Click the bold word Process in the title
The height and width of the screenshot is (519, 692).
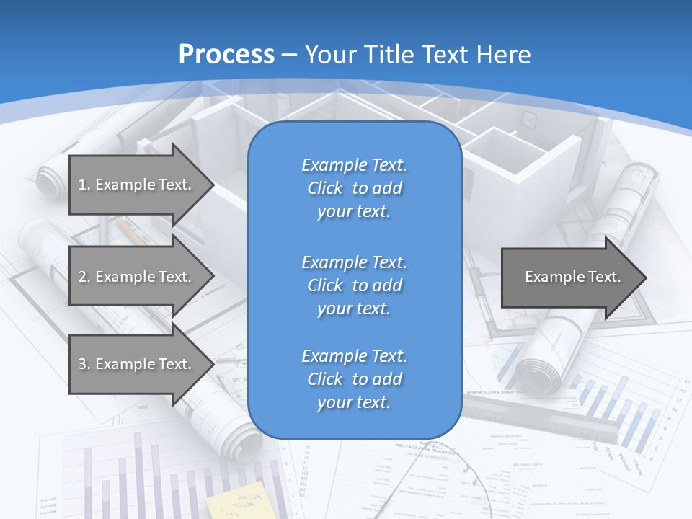coord(226,55)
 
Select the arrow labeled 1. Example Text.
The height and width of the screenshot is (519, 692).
coord(137,185)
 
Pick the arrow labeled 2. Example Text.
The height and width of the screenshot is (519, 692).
coord(137,277)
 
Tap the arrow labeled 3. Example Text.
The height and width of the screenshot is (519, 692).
coord(137,364)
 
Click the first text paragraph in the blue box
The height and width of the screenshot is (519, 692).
coord(354,188)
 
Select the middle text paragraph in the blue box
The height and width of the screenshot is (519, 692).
coord(354,285)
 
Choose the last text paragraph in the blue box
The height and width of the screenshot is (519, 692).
coord(354,379)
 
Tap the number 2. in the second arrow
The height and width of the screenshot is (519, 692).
coord(84,277)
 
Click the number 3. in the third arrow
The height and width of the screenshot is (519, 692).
coord(84,364)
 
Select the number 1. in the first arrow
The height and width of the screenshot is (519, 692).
coord(84,185)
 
